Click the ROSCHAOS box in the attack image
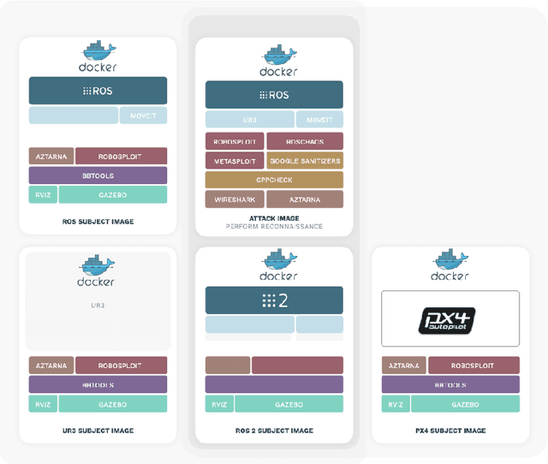(305, 141)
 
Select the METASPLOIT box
(234, 160)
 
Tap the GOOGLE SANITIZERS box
(305, 160)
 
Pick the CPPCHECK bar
(274, 180)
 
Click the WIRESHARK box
(234, 199)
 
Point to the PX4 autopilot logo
(450, 318)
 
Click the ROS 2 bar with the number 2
(274, 300)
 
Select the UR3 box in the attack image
(249, 120)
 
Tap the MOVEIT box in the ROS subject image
(143, 116)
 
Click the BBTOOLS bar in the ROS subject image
(98, 175)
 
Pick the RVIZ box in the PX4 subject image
(395, 404)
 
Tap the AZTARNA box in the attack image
(305, 199)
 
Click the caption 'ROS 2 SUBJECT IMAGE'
(274, 431)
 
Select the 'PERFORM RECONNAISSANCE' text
(274, 226)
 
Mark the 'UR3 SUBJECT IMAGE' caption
(98, 431)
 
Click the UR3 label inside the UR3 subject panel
(98, 305)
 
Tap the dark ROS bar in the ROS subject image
(98, 91)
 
